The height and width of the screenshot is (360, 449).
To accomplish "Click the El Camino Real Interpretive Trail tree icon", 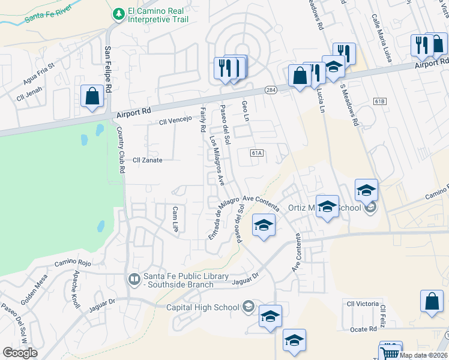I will [x=118, y=13].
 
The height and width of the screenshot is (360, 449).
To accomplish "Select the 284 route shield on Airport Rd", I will [x=271, y=90].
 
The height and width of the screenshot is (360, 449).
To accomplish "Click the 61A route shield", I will [x=257, y=154].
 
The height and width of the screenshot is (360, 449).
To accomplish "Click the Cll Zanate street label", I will [x=147, y=160].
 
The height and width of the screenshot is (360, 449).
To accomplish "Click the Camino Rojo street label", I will [x=73, y=262].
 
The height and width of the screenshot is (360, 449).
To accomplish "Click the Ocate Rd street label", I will [x=364, y=329].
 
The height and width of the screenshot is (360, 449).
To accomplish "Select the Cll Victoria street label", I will [x=362, y=304].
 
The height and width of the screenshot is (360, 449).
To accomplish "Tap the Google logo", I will [x=19, y=352].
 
